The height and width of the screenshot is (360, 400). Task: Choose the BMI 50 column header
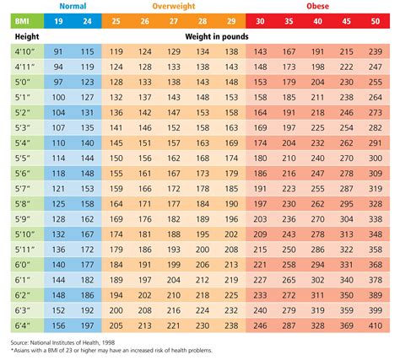click(x=375, y=23)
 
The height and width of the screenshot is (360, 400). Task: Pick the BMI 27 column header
click(x=174, y=23)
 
